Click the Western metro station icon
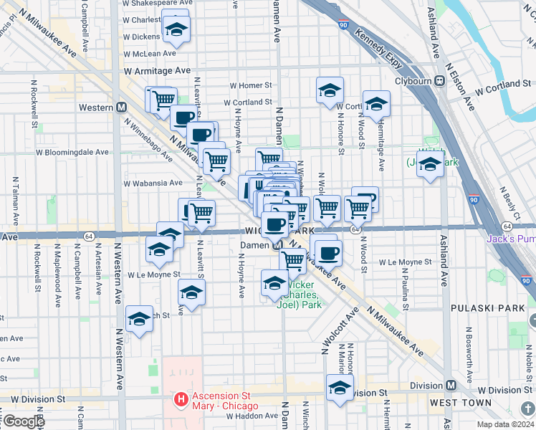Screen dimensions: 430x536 [122, 107]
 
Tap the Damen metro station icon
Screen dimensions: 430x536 [277, 244]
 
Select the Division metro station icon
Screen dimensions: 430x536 [451, 385]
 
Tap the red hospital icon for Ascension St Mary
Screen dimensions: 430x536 [182, 398]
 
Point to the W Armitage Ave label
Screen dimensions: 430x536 [157, 71]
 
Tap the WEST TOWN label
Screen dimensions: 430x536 [460, 403]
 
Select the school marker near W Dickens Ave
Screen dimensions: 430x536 [174, 29]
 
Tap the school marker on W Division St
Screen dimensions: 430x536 [340, 389]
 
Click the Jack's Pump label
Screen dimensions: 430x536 [511, 239]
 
